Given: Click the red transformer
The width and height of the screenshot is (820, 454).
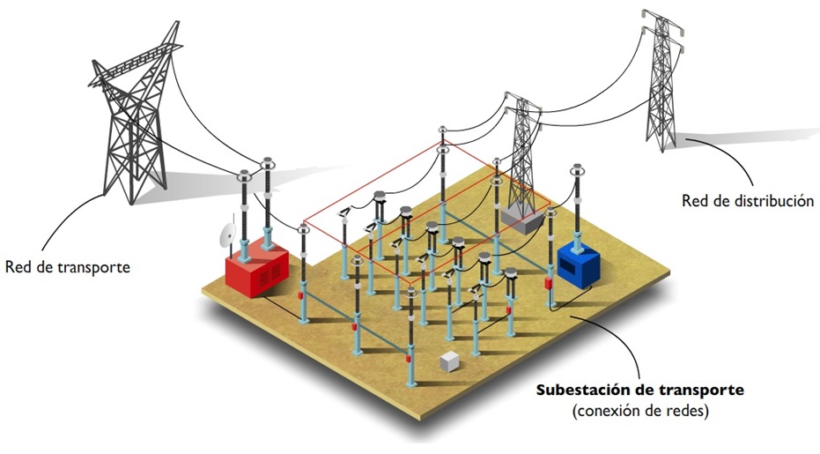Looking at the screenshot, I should (257, 268).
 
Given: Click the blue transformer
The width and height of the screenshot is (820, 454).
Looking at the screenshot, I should (578, 262).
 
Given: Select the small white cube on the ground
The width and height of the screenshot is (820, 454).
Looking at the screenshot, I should (450, 361).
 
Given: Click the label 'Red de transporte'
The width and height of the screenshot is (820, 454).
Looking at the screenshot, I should (68, 265).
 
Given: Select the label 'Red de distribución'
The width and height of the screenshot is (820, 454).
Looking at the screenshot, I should (747, 201).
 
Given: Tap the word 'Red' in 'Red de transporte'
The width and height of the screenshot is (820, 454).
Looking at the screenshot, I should (18, 265).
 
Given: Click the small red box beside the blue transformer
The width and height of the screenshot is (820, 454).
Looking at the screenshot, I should (547, 285).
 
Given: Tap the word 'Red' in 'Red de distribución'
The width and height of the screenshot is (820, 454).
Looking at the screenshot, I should (696, 201).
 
